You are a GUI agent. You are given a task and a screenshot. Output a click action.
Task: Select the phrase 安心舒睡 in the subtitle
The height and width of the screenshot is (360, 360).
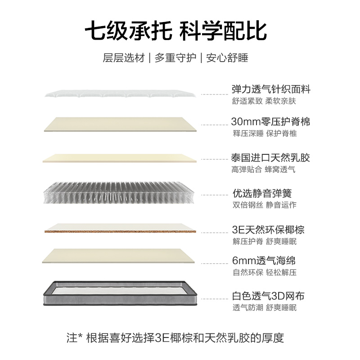[x=227, y=58]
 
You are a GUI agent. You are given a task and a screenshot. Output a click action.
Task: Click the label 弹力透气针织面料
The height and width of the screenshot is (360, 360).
[x=271, y=89]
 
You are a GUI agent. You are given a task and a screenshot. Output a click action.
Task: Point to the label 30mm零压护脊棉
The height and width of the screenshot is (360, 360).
[x=270, y=122]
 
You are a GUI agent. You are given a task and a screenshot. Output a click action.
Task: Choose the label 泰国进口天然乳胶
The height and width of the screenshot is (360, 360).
[x=270, y=158]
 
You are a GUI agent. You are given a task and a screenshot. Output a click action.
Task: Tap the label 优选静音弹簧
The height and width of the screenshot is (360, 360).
[x=262, y=193]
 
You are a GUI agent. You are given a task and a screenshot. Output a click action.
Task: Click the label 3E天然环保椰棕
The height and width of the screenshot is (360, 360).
[x=268, y=229]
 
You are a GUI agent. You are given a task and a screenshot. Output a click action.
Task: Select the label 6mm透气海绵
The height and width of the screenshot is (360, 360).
[x=263, y=261]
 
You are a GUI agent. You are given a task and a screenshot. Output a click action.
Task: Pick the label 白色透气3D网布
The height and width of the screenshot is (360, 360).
[x=268, y=296]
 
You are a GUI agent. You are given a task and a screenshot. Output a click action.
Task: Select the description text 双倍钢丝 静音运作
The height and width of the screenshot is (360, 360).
[x=264, y=205]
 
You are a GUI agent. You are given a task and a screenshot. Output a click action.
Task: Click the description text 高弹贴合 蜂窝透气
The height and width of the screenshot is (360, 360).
[x=263, y=170]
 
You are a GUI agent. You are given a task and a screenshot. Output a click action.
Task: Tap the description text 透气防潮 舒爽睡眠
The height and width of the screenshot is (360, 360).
[x=264, y=308]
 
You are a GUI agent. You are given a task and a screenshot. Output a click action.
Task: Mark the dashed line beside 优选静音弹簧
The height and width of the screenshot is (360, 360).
[x=215, y=194]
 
